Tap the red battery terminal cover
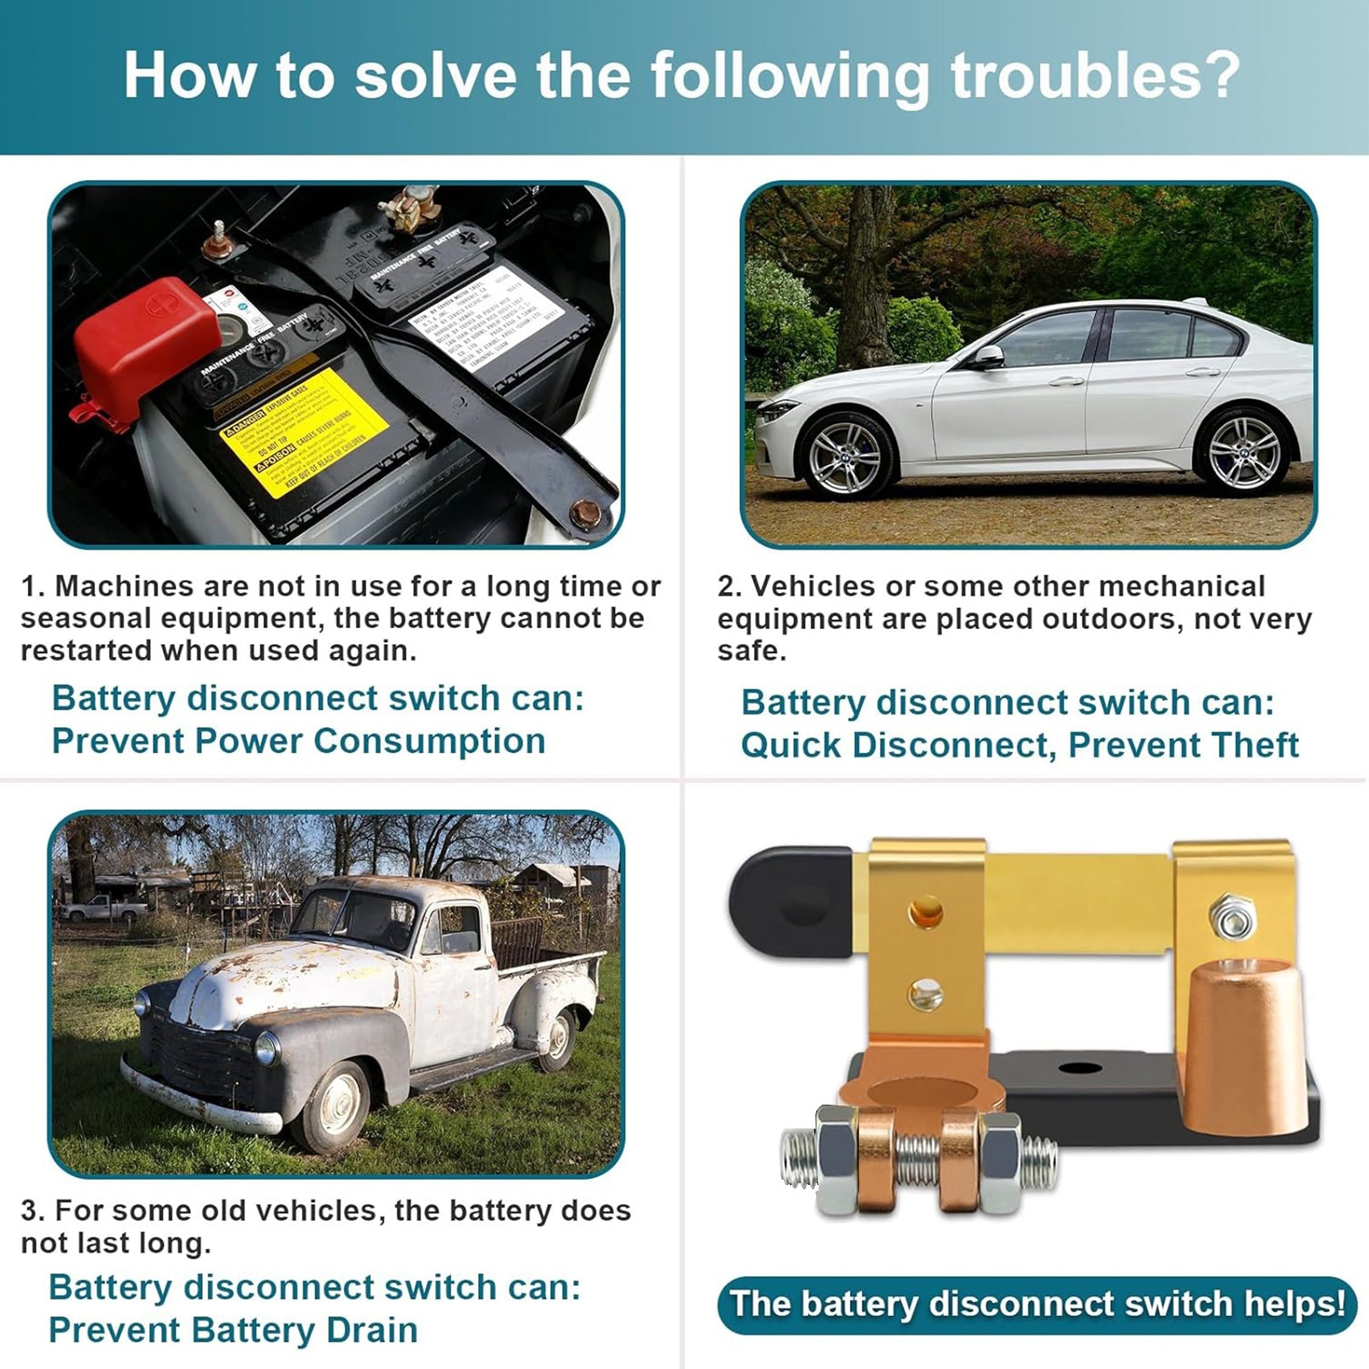(x=147, y=345)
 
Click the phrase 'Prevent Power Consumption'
(x=298, y=741)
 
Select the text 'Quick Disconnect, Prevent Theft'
(x=1019, y=745)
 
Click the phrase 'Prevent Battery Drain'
(x=233, y=1330)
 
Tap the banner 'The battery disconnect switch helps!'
(x=1036, y=1303)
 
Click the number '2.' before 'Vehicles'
(x=729, y=587)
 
